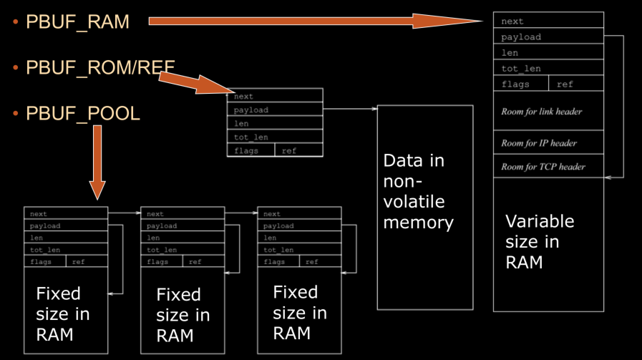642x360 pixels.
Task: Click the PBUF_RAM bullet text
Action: [x=77, y=22]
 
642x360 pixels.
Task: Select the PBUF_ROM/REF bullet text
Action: [x=100, y=68]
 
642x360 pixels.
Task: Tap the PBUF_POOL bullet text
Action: [x=82, y=114]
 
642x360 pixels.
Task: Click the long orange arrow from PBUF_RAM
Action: [x=315, y=21]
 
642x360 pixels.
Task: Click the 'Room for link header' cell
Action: [x=548, y=112]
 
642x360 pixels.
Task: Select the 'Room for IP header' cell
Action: [x=548, y=143]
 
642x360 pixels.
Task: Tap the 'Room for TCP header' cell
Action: [x=548, y=167]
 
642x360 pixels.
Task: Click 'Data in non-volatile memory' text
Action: [x=419, y=191]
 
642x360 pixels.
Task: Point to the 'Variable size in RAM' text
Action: [x=540, y=241]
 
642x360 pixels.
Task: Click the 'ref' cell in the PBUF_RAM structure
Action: [x=576, y=84]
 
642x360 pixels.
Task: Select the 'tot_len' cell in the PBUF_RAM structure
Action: [x=548, y=69]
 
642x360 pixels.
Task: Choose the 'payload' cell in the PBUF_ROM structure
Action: [x=275, y=110]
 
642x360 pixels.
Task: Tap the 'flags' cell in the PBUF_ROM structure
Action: [x=251, y=151]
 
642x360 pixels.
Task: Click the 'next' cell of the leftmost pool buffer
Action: [x=66, y=214]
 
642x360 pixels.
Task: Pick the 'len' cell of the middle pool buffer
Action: [x=183, y=238]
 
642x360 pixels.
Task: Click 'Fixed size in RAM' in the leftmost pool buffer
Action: [x=63, y=314]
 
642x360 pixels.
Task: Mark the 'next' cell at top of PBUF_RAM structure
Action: [x=548, y=21]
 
